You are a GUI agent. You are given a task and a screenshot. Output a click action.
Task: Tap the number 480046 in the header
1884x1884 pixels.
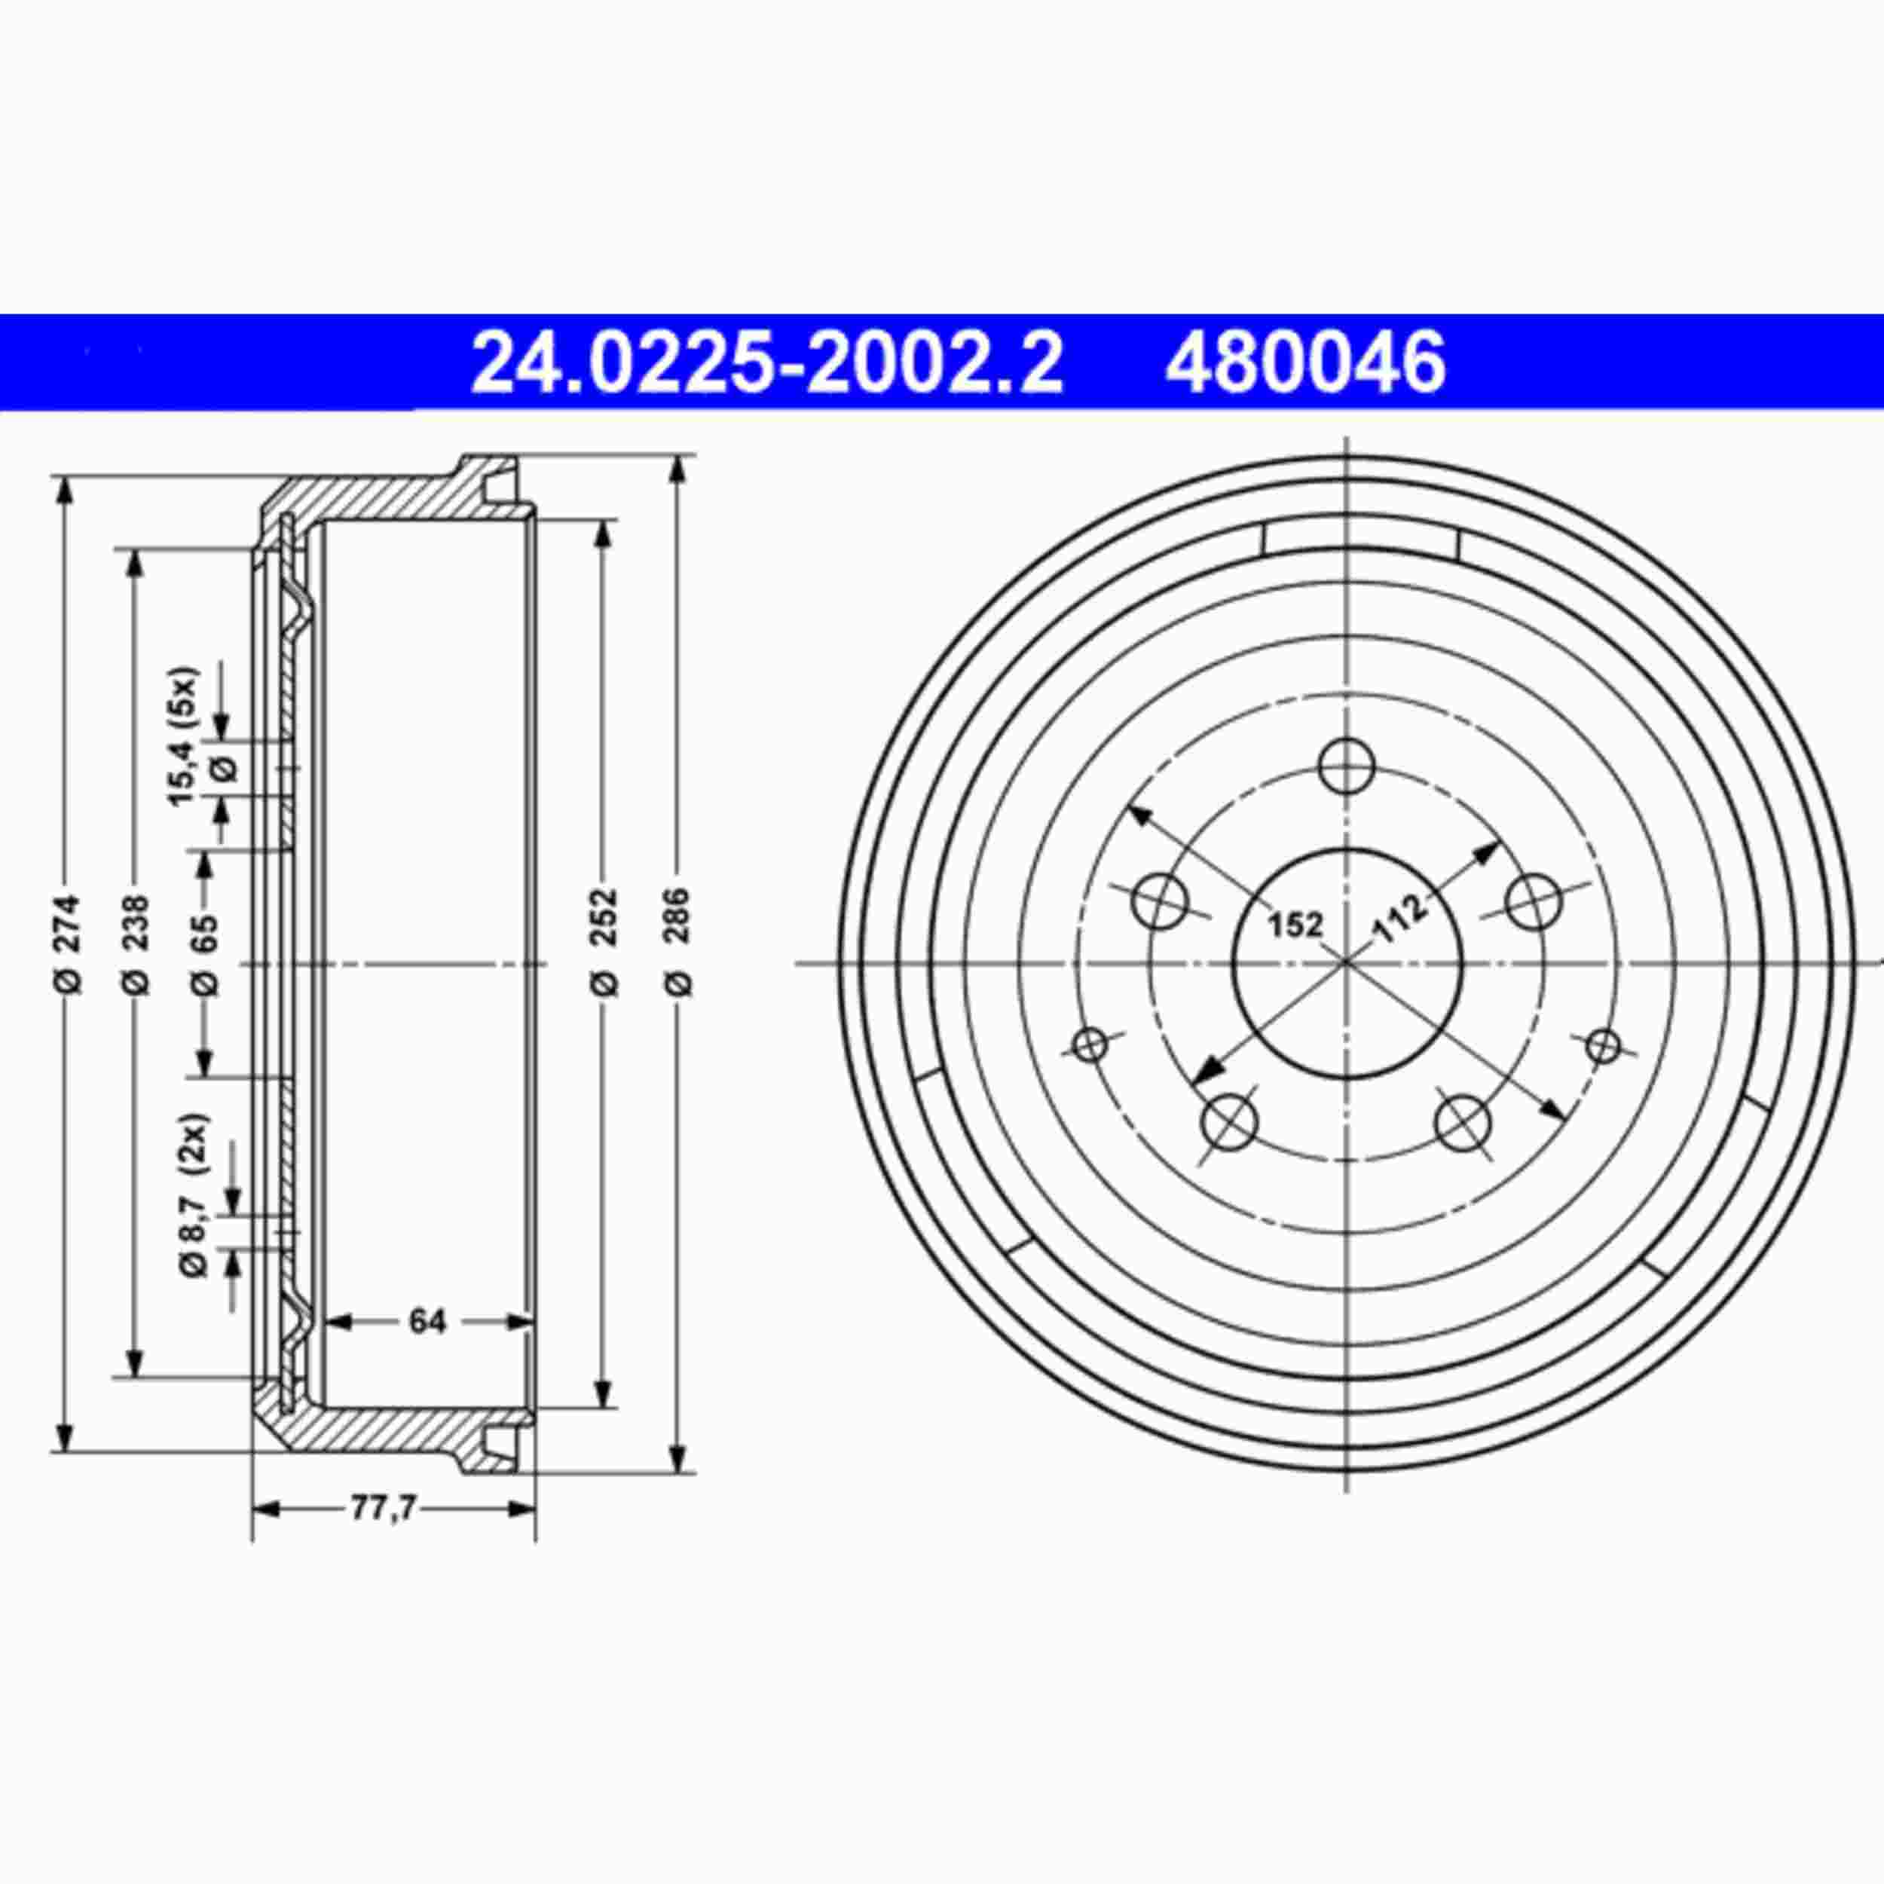coord(1304,362)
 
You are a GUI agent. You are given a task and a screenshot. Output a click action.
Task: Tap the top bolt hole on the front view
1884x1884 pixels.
coord(1346,764)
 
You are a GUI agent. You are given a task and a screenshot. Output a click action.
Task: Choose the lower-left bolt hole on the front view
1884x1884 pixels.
coord(1228,1124)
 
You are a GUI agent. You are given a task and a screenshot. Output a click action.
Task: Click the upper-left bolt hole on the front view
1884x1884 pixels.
coord(1161,900)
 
